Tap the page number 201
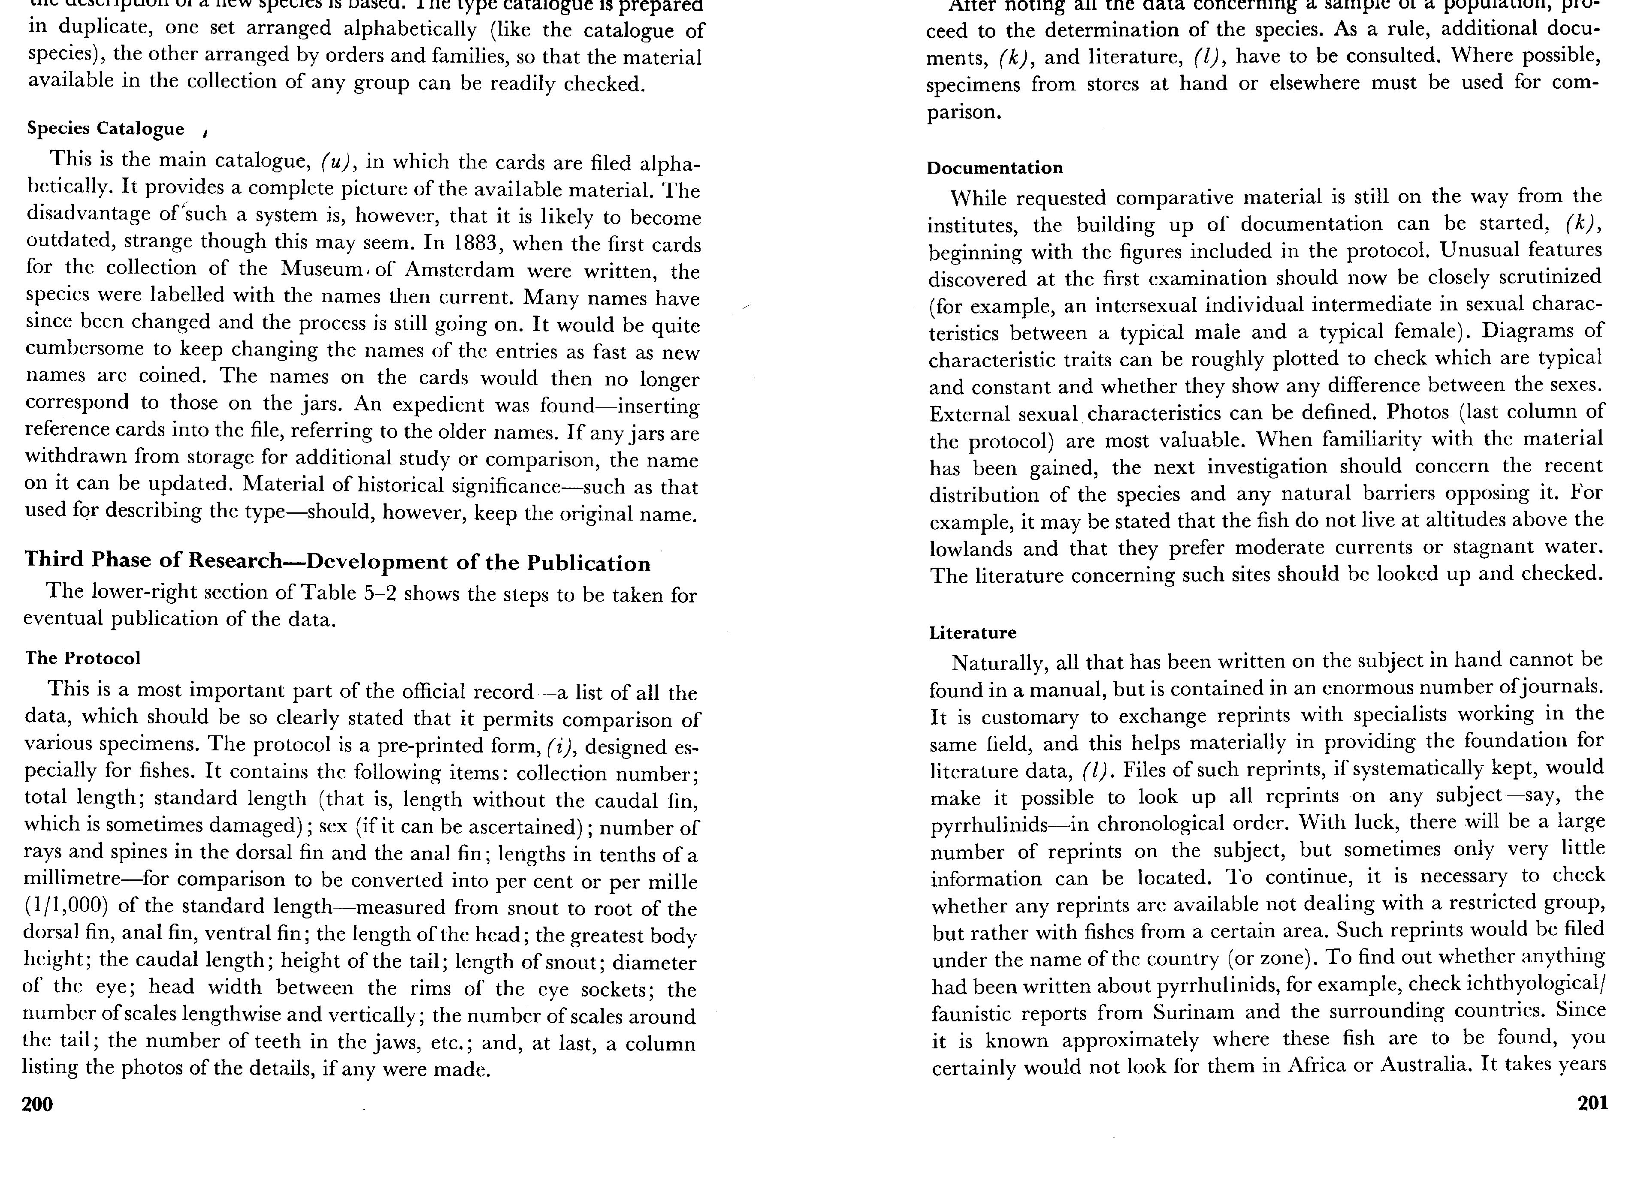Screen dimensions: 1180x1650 [x=1593, y=1103]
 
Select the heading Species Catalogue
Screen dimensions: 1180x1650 [x=106, y=129]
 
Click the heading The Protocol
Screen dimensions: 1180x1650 [x=83, y=658]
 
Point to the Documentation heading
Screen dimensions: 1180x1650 [x=994, y=168]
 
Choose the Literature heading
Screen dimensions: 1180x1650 [x=973, y=633]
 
